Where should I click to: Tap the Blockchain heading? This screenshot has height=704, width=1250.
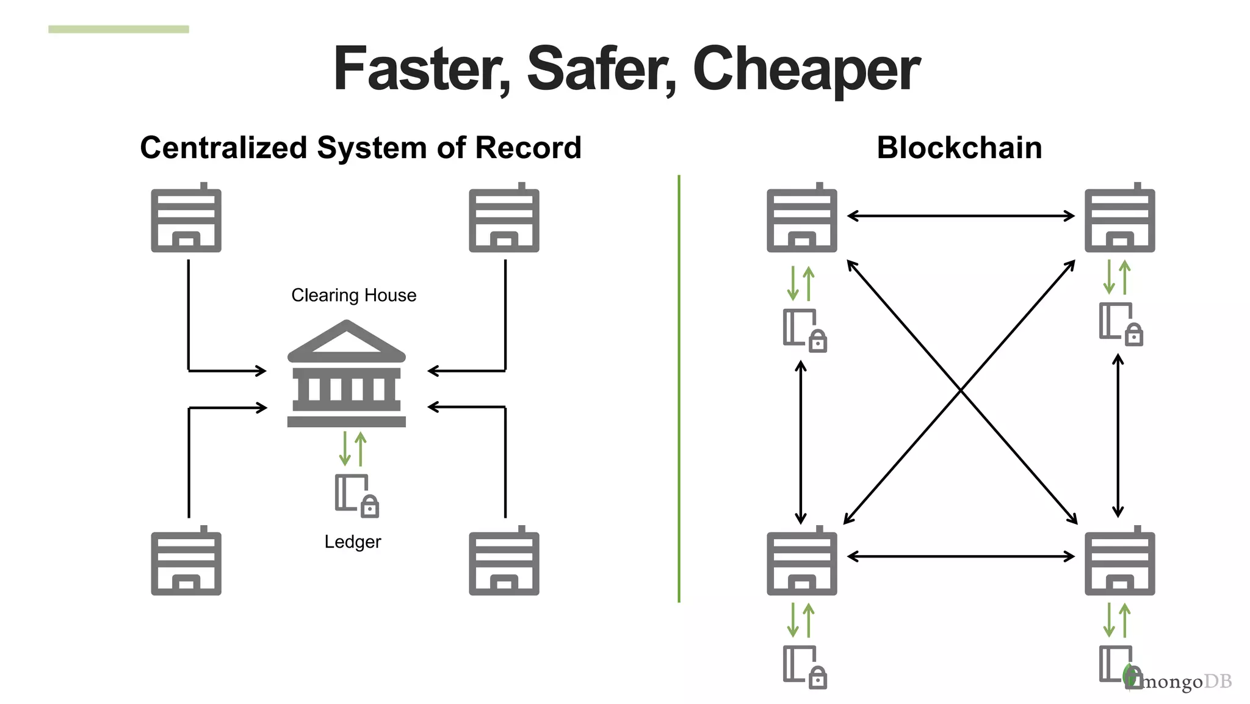(959, 148)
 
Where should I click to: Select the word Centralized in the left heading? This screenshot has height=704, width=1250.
(223, 148)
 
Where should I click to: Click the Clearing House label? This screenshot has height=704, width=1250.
(353, 295)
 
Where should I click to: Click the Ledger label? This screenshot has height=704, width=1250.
(352, 542)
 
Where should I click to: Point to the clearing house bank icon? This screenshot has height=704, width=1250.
(346, 374)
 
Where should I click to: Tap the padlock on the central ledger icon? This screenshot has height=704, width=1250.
(370, 506)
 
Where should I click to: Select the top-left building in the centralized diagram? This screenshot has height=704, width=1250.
(186, 219)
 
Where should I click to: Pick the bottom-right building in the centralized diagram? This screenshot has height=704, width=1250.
(504, 562)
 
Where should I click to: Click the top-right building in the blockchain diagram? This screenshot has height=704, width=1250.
(1119, 219)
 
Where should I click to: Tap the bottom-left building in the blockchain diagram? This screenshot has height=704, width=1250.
(801, 562)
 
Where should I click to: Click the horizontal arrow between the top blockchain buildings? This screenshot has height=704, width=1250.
(960, 216)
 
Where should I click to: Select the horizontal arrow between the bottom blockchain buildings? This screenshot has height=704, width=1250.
(960, 556)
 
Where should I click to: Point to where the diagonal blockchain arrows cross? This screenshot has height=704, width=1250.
(961, 390)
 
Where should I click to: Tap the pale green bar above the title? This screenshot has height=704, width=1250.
(118, 29)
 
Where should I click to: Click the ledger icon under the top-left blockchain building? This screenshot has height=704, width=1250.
(803, 330)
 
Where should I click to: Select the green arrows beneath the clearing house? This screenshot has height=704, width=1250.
(353, 449)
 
